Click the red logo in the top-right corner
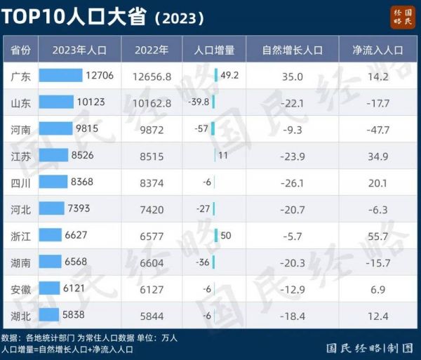coord(403,16)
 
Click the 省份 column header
coord(20,50)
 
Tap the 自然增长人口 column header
coord(292,50)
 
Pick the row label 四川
coord(20,182)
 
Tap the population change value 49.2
coord(229,76)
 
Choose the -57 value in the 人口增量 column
coord(201,129)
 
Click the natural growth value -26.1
coord(292,182)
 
